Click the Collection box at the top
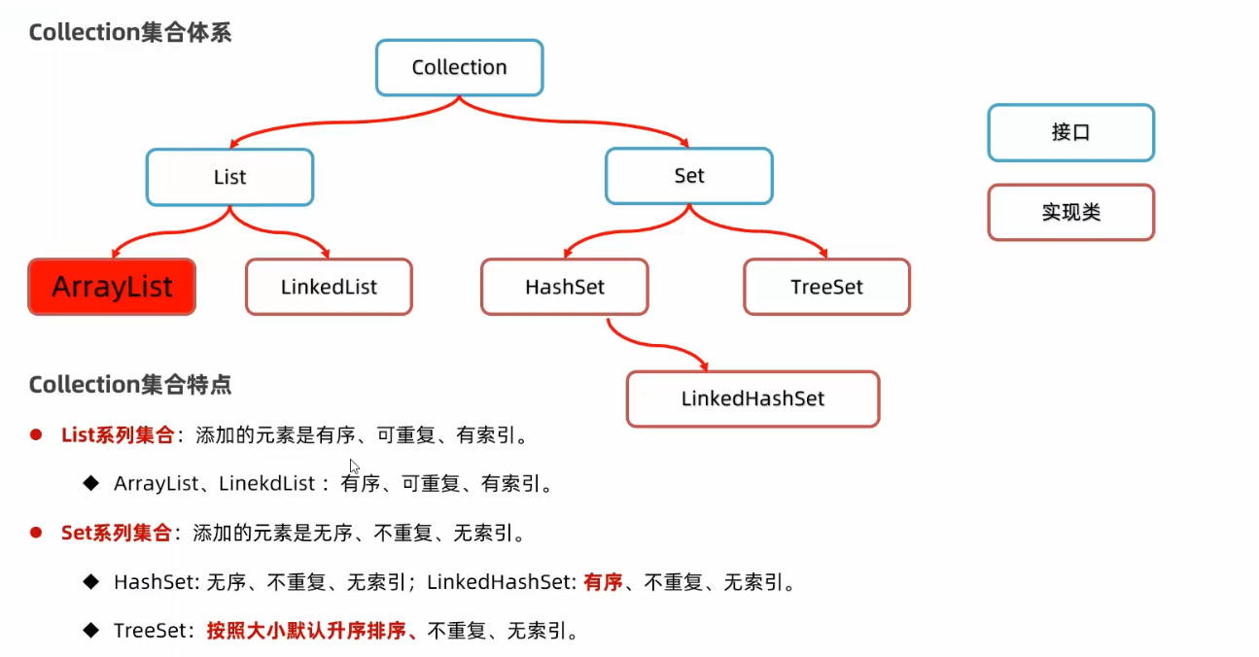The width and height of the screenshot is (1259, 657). (459, 68)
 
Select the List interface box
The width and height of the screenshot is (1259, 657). (229, 177)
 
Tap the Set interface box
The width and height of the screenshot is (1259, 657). (688, 176)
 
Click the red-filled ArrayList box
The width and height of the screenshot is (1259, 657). (112, 287)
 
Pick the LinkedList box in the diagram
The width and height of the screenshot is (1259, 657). (329, 287)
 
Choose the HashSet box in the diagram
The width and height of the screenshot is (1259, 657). (564, 287)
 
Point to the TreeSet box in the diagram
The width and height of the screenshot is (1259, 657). (826, 287)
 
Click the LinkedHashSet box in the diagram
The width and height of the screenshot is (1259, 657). (752, 398)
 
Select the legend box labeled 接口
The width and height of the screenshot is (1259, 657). (1070, 133)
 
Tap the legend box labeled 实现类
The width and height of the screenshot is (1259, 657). (1070, 212)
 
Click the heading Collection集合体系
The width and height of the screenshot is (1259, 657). (129, 32)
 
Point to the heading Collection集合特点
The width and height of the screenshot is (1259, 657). (129, 385)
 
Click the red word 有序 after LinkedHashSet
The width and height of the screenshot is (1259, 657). (603, 582)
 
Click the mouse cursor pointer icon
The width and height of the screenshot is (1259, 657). (355, 467)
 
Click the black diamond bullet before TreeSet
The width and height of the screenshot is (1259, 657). (91, 630)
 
